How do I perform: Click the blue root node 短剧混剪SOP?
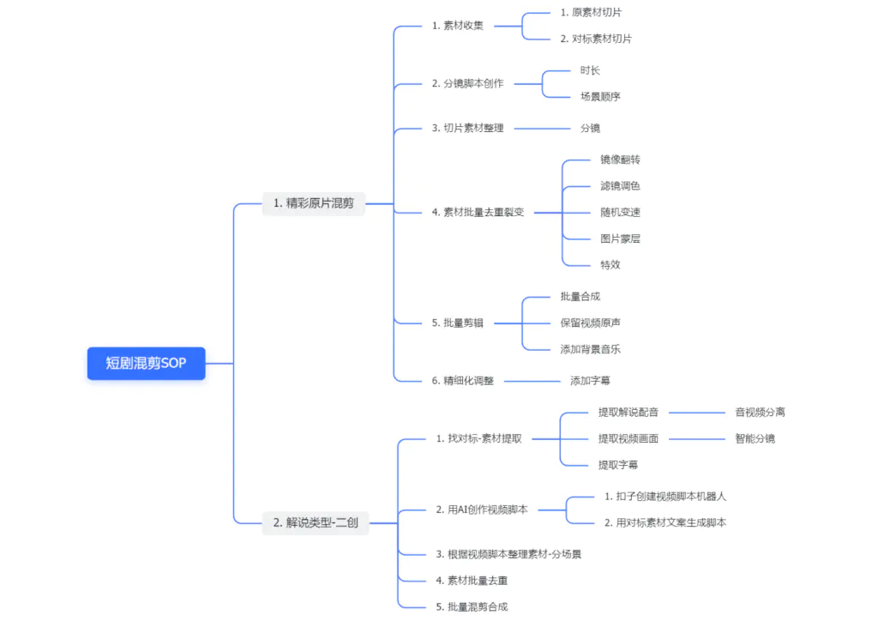pos(146,363)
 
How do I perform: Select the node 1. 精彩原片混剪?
pos(313,203)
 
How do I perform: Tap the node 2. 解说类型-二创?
pos(316,522)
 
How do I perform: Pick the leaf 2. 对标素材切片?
pos(596,39)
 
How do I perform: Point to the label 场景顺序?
pos(600,96)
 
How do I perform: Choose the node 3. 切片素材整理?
pos(467,128)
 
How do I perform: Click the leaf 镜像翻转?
pos(620,160)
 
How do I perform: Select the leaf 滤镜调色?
pos(620,185)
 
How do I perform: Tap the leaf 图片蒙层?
pos(620,238)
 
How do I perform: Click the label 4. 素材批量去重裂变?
pos(478,212)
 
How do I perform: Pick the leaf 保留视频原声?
pos(590,323)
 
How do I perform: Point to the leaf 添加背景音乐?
pos(590,349)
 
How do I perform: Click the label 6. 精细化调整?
pos(462,380)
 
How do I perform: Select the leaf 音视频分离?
pos(760,412)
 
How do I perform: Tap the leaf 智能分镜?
pos(755,438)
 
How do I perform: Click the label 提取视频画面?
pos(628,438)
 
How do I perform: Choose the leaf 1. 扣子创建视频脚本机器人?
pos(665,496)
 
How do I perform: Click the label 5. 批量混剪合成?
pos(472,606)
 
